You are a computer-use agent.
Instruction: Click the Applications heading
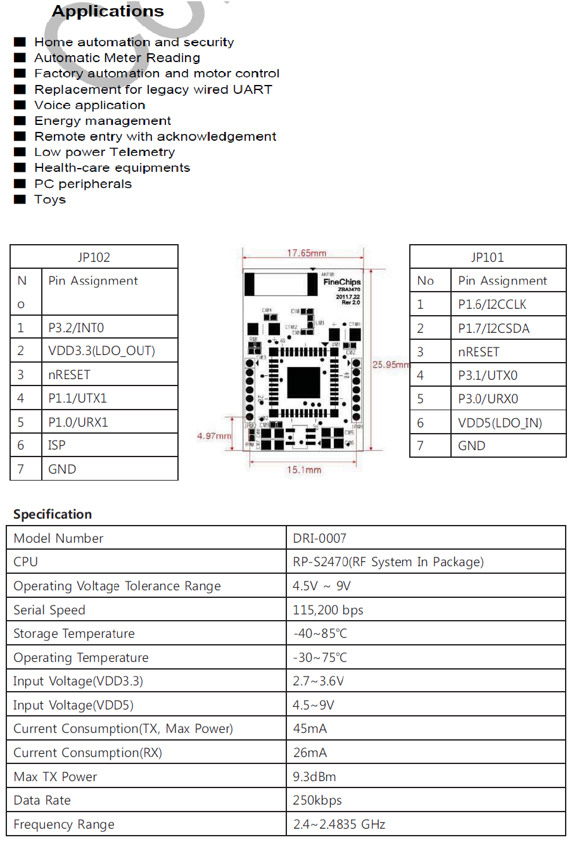point(108,11)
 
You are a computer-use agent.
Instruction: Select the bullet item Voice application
point(89,105)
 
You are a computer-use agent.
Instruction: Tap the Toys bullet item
point(49,200)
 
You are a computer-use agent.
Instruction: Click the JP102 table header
point(94,257)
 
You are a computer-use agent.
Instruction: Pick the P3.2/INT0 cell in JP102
point(76,328)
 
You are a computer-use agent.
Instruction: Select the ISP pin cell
point(56,446)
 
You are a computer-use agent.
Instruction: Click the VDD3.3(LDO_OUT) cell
point(101,351)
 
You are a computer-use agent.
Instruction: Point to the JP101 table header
point(487,257)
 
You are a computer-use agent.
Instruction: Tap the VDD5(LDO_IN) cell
point(500,423)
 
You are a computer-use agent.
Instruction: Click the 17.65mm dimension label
point(307,253)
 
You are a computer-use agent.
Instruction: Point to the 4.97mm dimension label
point(214,436)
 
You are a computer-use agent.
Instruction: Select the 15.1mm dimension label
point(304,470)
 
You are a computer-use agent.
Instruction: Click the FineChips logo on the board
point(342,282)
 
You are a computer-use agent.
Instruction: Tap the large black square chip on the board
point(304,382)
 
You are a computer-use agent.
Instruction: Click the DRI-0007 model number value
point(319,539)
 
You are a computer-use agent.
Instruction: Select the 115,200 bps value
point(328,610)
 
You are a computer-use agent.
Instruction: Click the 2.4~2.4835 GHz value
point(339,824)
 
